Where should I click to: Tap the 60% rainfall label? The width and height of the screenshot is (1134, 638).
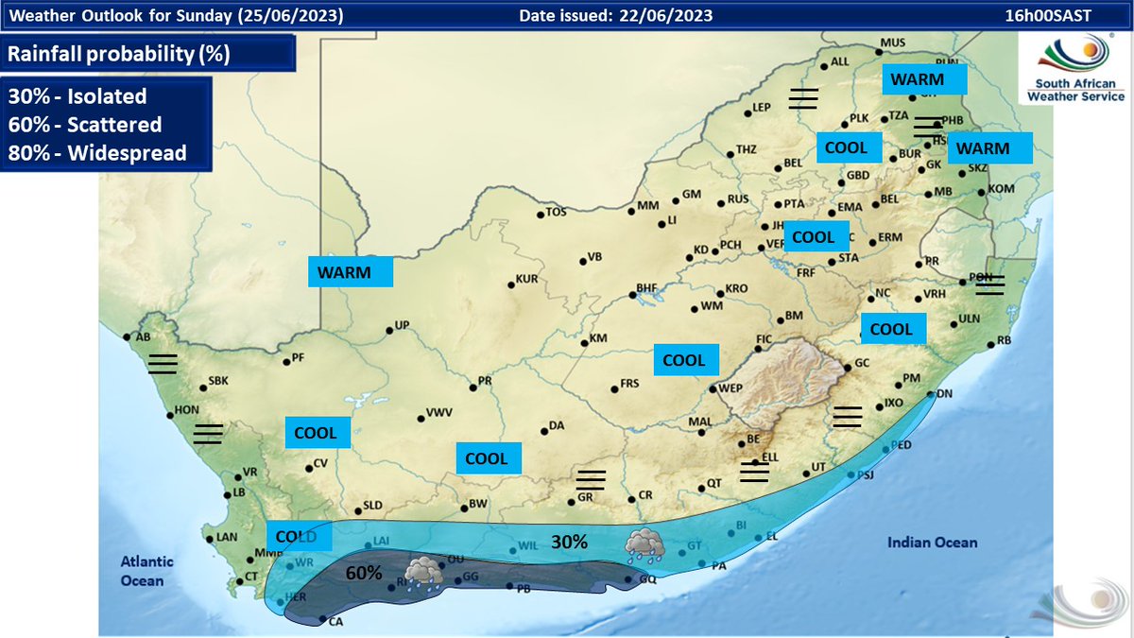(363, 573)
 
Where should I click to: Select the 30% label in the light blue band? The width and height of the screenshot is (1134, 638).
(570, 542)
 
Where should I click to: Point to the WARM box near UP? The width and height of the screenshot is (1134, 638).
(351, 272)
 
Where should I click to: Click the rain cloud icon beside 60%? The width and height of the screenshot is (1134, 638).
(421, 573)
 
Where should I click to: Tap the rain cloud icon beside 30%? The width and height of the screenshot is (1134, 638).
(644, 543)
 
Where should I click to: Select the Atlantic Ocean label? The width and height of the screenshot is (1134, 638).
(142, 572)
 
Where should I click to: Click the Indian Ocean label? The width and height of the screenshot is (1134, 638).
(932, 542)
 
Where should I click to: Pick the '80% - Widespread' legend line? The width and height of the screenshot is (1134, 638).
(97, 152)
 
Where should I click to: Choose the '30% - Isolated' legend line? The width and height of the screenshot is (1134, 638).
(77, 95)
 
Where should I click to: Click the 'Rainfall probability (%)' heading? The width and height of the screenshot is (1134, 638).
(118, 54)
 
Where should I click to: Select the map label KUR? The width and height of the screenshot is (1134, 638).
(526, 281)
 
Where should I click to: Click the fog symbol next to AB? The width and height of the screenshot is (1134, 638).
(162, 364)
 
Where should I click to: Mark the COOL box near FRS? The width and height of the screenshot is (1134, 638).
(683, 360)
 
